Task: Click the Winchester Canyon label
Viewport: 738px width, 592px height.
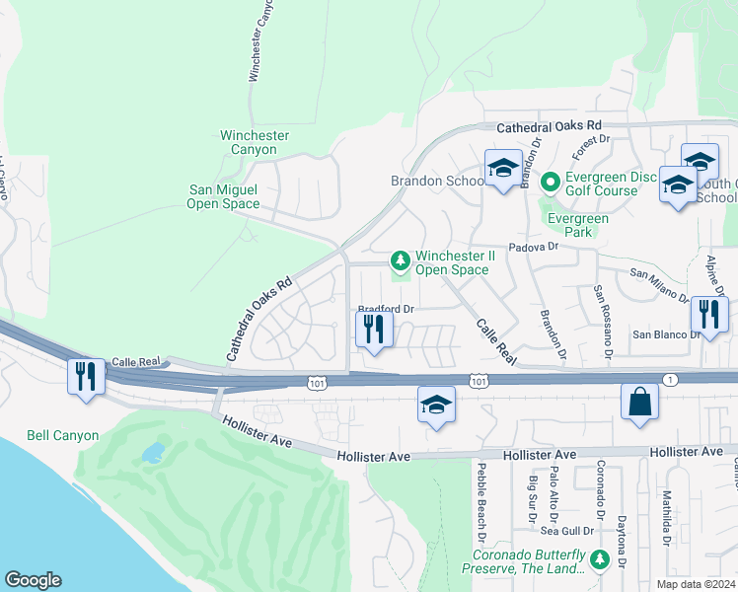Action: point(255,142)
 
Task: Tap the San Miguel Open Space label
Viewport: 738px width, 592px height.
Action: point(223,196)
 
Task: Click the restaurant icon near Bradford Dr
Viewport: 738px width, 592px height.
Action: point(373,328)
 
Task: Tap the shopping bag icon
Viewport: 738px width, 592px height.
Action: point(639,402)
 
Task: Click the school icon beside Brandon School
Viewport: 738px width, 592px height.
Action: point(502,169)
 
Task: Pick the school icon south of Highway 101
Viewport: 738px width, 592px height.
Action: point(436,405)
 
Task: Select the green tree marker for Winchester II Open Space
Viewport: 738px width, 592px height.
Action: point(401,261)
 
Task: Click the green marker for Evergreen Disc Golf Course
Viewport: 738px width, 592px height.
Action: point(550,182)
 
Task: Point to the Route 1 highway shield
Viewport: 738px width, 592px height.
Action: point(670,380)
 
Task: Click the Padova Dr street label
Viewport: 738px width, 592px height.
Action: point(533,249)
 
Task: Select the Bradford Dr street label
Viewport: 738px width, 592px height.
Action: point(385,308)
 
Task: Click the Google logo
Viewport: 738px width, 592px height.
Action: point(33,580)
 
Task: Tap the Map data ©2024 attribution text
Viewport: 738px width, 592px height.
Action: point(695,584)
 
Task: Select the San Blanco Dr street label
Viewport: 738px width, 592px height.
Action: point(666,334)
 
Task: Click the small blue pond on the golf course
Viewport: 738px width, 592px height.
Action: point(153,453)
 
